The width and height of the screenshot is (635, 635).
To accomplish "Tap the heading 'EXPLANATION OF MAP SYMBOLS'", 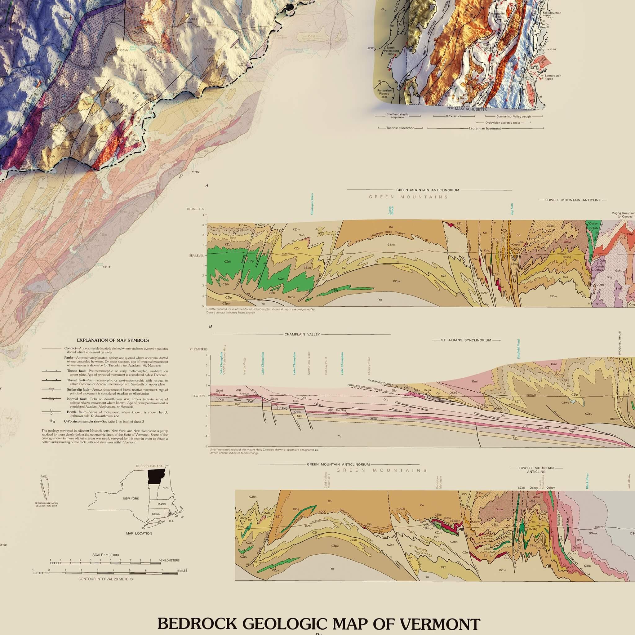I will [x=113, y=340].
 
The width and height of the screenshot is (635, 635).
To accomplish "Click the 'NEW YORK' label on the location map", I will [x=131, y=498].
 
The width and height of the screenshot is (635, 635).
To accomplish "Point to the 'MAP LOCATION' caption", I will [x=139, y=533].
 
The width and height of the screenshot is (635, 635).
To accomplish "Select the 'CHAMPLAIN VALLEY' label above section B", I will [x=302, y=334].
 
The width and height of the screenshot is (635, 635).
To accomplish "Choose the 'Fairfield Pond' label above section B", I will [x=518, y=349].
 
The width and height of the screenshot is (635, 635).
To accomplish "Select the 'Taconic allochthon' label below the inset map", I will [x=400, y=128].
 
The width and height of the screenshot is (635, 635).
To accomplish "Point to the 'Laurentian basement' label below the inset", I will [x=485, y=128].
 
